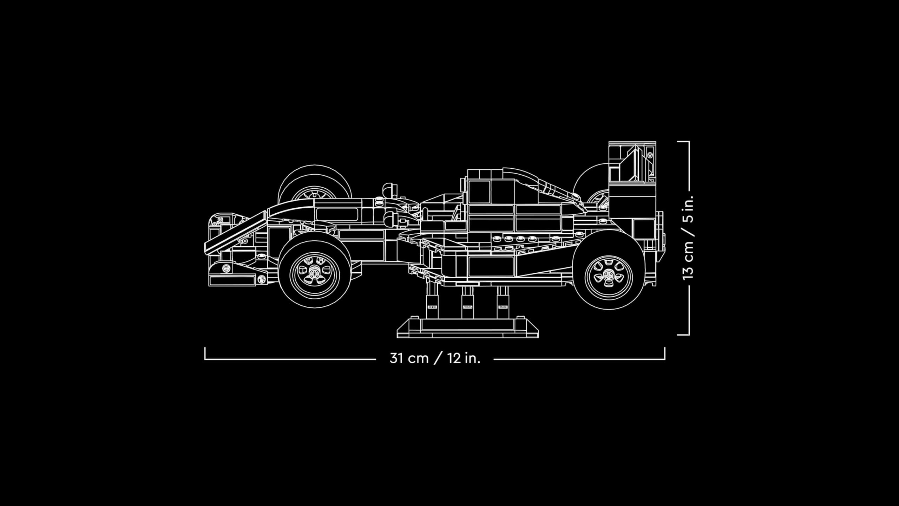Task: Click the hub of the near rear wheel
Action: click(x=608, y=278)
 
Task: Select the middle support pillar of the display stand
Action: click(x=467, y=301)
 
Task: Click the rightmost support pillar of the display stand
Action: click(x=503, y=301)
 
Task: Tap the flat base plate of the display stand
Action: click(x=467, y=329)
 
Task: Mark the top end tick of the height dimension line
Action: click(x=683, y=142)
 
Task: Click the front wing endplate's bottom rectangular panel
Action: click(x=232, y=281)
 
